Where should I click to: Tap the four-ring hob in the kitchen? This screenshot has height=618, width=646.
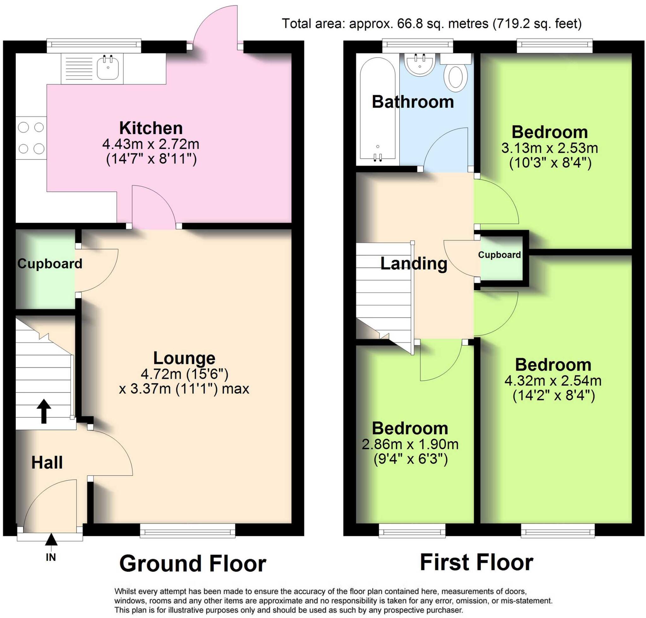click(x=31, y=138)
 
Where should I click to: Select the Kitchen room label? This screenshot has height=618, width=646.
click(x=151, y=128)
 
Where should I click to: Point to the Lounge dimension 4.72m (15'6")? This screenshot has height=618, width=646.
click(x=185, y=374)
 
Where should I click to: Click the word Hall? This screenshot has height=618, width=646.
click(x=47, y=462)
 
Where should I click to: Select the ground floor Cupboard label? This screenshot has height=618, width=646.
click(x=50, y=264)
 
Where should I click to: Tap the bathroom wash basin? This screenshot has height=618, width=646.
click(x=420, y=64)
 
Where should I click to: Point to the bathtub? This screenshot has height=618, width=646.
click(x=377, y=109)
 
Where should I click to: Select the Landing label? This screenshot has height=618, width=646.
click(x=414, y=264)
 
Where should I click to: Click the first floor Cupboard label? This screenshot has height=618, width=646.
click(x=499, y=255)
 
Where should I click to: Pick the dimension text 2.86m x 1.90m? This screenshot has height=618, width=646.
click(x=410, y=444)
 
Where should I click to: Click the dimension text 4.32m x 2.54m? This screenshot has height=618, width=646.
click(x=553, y=381)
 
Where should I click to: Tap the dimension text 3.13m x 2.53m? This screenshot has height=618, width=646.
click(x=549, y=148)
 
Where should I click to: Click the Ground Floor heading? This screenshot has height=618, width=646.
click(x=193, y=564)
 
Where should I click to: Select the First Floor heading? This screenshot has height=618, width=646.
click(x=476, y=562)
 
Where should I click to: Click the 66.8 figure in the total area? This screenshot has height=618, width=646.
click(x=408, y=24)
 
